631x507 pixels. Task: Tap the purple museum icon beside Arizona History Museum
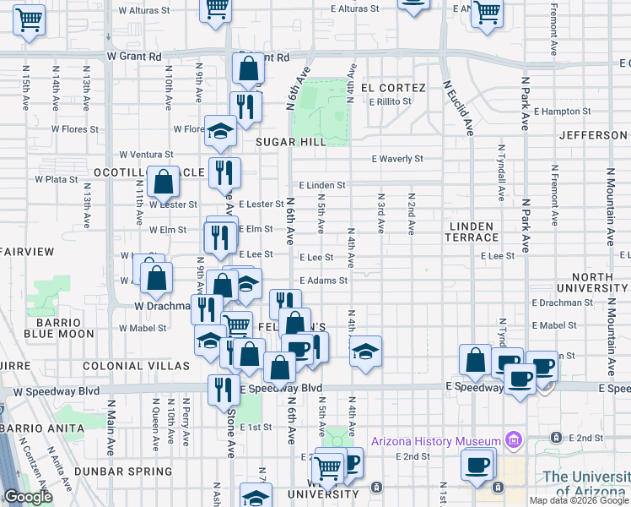click(512, 439)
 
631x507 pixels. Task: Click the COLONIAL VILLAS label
click(136, 366)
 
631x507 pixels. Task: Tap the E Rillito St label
click(390, 101)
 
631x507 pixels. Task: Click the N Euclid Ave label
click(460, 108)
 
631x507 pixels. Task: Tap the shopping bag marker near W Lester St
click(163, 182)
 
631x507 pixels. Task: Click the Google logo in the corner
click(28, 498)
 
